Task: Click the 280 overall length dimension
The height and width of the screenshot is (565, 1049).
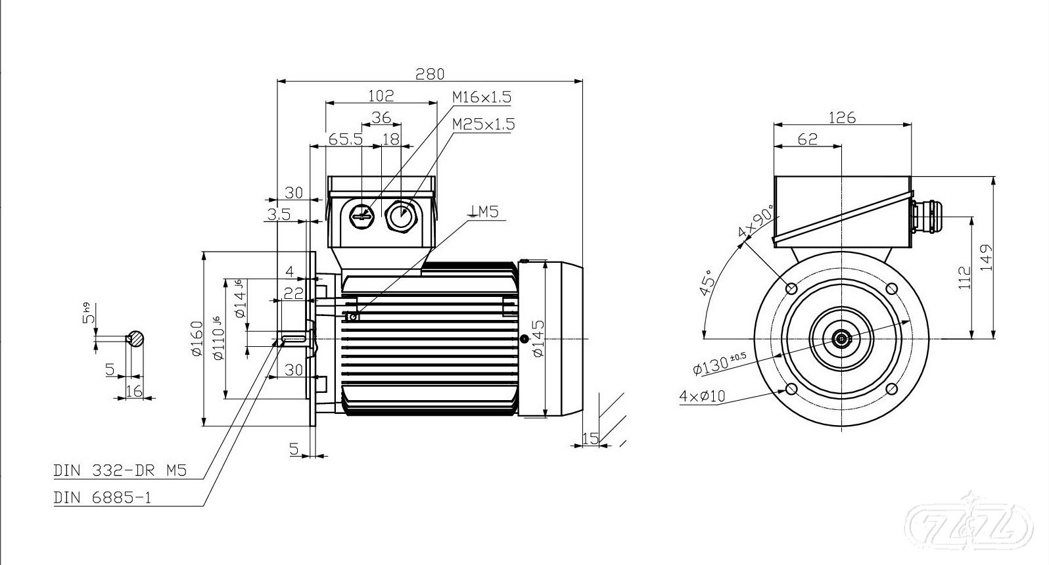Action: (x=430, y=74)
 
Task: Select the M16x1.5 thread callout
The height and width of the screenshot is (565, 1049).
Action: (x=481, y=97)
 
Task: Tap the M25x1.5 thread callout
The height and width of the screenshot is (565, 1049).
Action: (x=483, y=124)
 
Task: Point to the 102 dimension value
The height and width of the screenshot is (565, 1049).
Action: (x=381, y=96)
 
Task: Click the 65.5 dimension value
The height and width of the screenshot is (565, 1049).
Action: (x=346, y=139)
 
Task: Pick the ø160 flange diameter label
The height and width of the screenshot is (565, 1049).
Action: (x=196, y=338)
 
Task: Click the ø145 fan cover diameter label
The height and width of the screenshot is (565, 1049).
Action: (x=538, y=339)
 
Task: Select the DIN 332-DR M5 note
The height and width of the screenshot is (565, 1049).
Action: (x=120, y=470)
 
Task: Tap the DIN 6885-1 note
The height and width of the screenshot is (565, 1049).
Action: (x=103, y=497)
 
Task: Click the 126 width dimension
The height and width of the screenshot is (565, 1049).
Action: (x=842, y=118)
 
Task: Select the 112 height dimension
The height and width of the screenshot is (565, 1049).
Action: (x=964, y=279)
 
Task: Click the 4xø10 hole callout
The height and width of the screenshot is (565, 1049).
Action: (x=702, y=396)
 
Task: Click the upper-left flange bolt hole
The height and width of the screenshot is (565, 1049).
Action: (x=791, y=288)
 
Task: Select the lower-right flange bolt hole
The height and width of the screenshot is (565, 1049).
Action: (x=892, y=389)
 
